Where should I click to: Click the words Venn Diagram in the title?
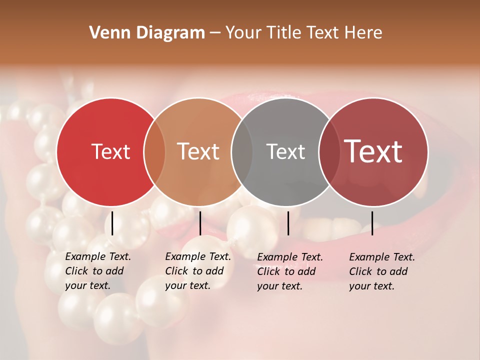[x=147, y=33]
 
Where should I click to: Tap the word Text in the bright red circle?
[x=110, y=151]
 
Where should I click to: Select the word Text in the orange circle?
[x=198, y=151]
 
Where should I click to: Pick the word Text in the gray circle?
[x=285, y=151]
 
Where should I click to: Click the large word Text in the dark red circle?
[x=373, y=151]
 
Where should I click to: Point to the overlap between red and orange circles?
[x=154, y=151]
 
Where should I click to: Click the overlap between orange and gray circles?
[x=242, y=151]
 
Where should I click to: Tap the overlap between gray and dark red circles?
[x=328, y=151]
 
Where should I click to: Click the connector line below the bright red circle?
[x=112, y=223]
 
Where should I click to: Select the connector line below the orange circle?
[x=200, y=223]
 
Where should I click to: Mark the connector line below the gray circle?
[x=288, y=223]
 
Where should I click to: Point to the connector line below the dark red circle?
[x=372, y=223]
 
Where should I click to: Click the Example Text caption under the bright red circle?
[x=97, y=271]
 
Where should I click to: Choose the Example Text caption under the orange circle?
[x=197, y=271]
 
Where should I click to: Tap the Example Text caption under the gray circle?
[x=289, y=271]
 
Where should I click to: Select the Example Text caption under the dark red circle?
[x=381, y=271]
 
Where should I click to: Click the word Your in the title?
[x=244, y=33]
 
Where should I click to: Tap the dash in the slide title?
[x=215, y=33]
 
